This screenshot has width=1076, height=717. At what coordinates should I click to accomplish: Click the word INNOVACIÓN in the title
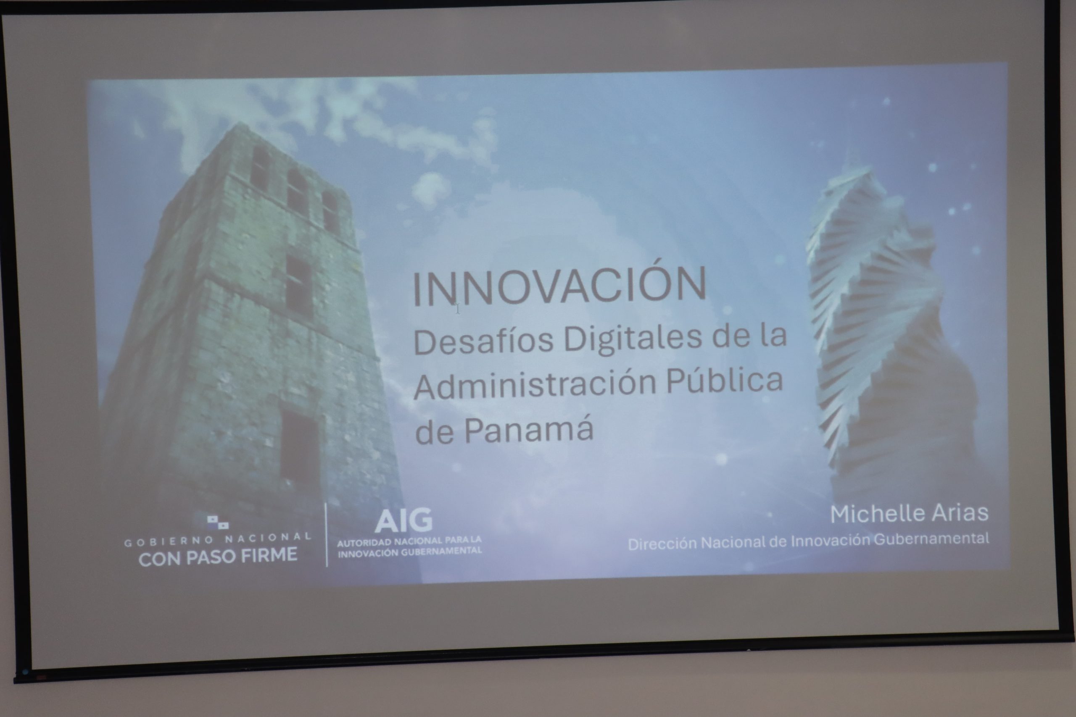pos(559,287)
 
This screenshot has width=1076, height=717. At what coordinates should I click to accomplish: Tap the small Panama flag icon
pos(217,522)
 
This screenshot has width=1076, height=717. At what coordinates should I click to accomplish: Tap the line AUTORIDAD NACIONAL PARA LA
pos(409,541)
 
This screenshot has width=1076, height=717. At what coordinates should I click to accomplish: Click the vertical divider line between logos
pos(327,535)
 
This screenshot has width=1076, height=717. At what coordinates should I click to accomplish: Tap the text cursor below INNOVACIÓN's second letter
pos(457,309)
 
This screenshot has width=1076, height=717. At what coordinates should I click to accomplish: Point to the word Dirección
pos(662,544)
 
